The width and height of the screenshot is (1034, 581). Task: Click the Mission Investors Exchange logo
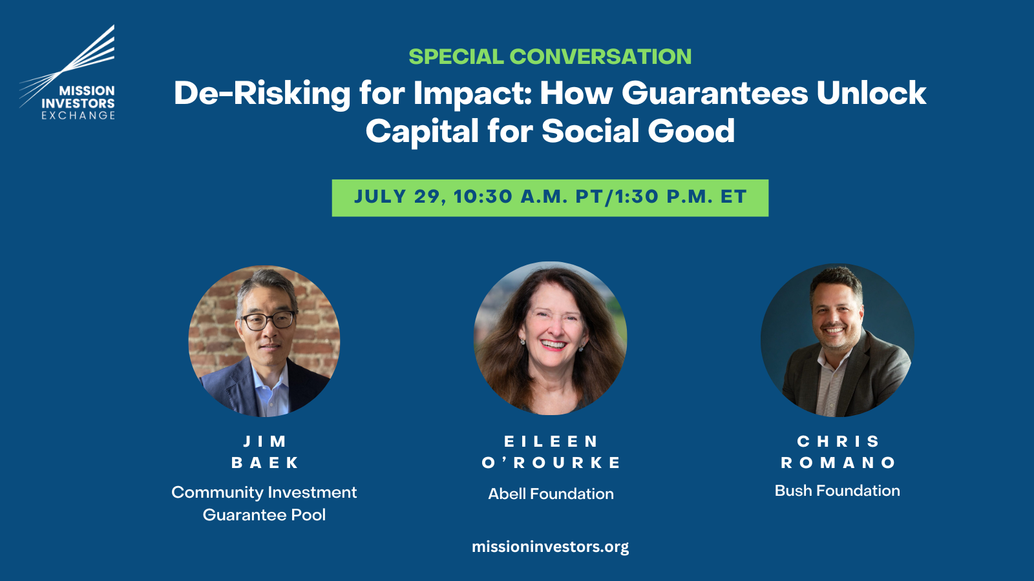pos(67,72)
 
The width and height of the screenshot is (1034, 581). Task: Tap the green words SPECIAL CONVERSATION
pos(550,57)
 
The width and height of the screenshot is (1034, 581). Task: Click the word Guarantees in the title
pos(715,93)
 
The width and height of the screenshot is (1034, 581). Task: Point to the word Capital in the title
pos(423,132)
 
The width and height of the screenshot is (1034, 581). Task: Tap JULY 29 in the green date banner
pos(400,197)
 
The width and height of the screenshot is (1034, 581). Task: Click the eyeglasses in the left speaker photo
pos(268,320)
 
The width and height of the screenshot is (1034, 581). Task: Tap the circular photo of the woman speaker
pos(550,338)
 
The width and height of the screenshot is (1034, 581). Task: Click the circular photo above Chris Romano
pos(837,340)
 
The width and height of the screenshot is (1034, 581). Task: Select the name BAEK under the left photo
pos(265,462)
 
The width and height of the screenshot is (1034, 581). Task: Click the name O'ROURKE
pos(551,462)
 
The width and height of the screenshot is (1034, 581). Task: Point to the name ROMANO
pos(838,462)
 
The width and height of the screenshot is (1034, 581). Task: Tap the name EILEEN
pos(551,442)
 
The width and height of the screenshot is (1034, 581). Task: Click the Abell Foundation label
pos(551,494)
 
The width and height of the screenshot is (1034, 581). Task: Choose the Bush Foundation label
pos(838,491)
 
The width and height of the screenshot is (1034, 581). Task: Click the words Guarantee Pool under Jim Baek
pos(264,515)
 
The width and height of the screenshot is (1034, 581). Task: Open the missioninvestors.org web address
pos(550,547)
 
